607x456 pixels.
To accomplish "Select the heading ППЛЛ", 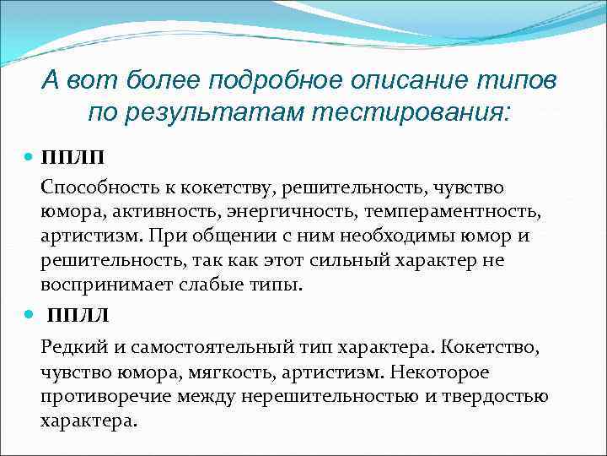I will pyautogui.click(x=78, y=317).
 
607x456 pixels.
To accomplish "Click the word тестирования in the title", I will pyautogui.click(x=413, y=111).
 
